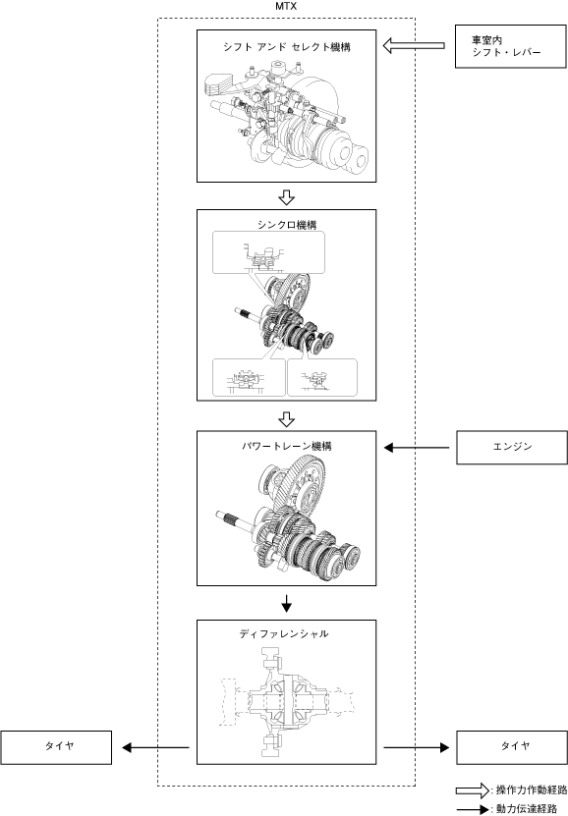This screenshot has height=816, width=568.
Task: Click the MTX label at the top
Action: tap(286, 7)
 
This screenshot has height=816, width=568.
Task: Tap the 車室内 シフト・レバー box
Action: tap(511, 46)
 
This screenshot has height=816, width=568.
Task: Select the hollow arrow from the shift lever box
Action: tap(414, 46)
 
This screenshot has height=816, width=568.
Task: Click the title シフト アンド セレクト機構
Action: tap(286, 47)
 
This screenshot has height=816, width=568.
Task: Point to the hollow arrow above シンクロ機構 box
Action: tap(286, 197)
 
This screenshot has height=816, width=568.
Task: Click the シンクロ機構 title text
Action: tap(286, 225)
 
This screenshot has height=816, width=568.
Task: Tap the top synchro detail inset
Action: tap(268, 252)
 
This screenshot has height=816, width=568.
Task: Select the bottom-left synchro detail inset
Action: tap(249, 377)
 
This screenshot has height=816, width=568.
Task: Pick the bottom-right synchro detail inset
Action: tap(322, 377)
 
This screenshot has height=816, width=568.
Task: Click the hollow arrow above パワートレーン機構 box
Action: tap(286, 419)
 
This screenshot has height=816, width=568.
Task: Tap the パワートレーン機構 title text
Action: tap(286, 447)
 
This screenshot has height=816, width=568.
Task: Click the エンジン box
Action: tap(512, 447)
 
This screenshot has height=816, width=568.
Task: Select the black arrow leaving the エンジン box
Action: tap(417, 447)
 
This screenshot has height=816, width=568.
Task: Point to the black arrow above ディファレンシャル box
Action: tap(286, 603)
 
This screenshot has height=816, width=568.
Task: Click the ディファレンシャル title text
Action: tap(284, 634)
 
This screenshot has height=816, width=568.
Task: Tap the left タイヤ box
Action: tap(56, 747)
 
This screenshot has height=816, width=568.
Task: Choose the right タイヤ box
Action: tap(512, 747)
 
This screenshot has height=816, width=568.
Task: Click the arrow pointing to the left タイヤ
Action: tap(155, 748)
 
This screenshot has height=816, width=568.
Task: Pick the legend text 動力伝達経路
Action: tap(527, 809)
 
